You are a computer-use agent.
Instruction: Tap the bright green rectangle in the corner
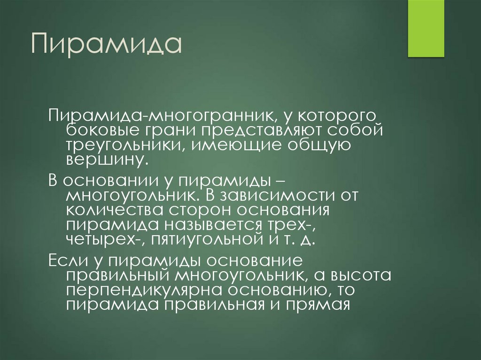click(x=426, y=28)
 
